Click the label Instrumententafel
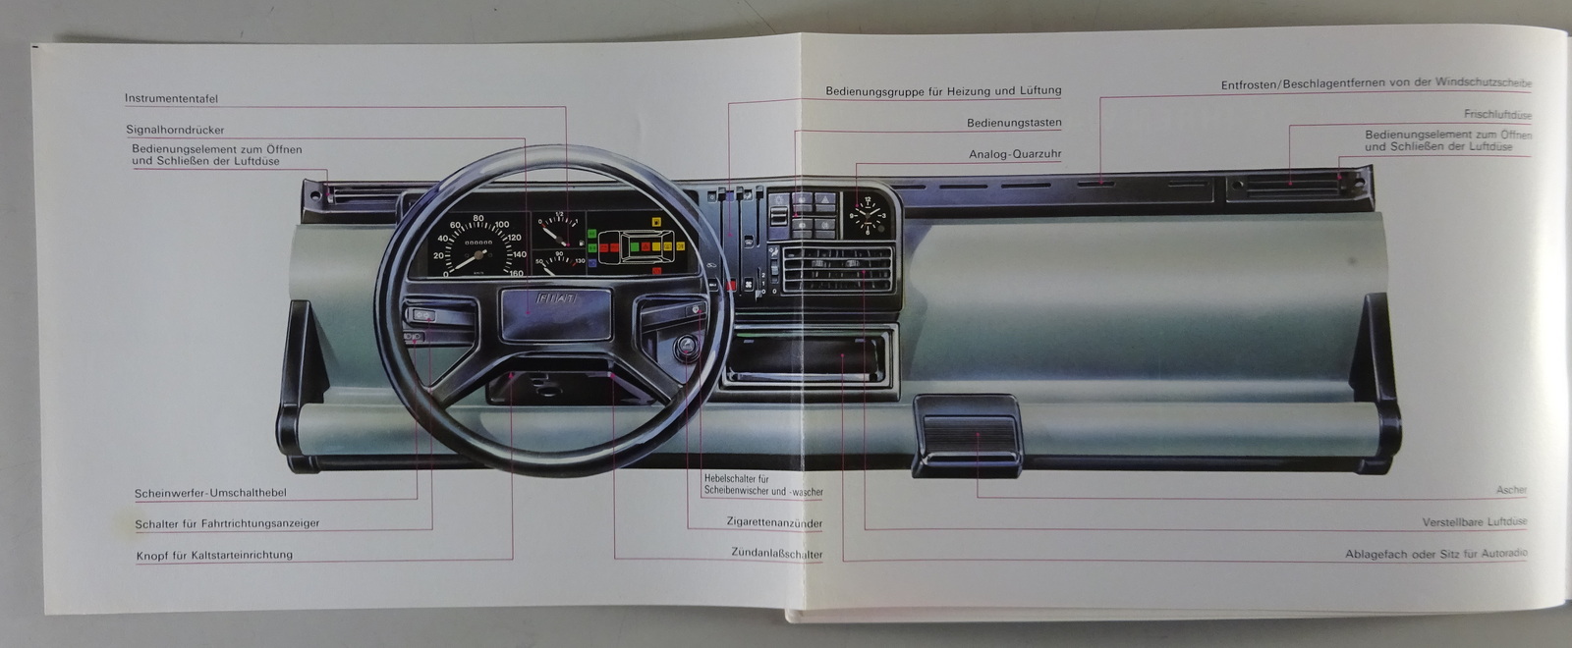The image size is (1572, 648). tap(171, 99)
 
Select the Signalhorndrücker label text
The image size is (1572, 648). tap(175, 130)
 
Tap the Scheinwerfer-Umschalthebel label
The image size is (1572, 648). tap(210, 493)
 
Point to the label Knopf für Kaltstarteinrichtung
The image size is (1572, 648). tap(214, 556)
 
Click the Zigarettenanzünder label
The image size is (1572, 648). tap(774, 523)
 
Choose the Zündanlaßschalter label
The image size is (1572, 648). tap(776, 554)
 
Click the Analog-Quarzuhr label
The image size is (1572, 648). tap(1015, 155)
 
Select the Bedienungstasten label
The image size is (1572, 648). tap(1014, 124)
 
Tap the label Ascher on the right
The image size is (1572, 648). tap(1511, 490)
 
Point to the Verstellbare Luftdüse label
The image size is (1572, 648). tap(1475, 522)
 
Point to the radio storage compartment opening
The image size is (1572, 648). tap(810, 355)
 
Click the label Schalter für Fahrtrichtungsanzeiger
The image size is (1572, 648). tap(227, 524)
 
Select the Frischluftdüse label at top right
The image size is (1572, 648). tap(1496, 115)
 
